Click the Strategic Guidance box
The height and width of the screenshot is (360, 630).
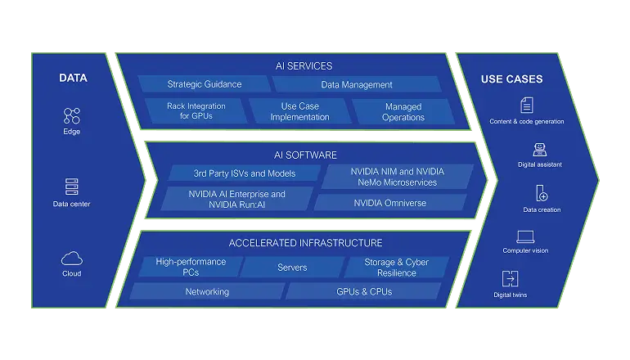point(203,84)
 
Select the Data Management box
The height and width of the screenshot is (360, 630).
point(355,84)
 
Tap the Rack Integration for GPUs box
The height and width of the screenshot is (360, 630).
point(196,111)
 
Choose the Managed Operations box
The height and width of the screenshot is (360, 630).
point(403,112)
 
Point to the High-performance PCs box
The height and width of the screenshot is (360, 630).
point(190,267)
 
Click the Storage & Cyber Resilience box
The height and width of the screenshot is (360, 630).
point(396,267)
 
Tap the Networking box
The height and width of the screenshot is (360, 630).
point(206,291)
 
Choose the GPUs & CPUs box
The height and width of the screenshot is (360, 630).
point(363,291)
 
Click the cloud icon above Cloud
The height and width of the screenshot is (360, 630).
point(71,258)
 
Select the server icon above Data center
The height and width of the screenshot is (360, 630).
point(71,186)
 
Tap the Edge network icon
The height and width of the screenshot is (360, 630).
point(71,115)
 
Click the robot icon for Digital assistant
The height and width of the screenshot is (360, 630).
point(538,149)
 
